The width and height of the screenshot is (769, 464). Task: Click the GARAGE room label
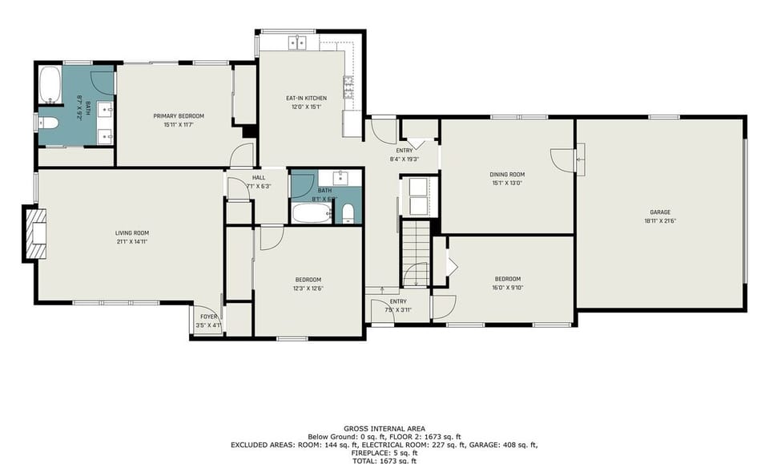[x=660, y=212]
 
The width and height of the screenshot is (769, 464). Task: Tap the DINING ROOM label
[x=507, y=175]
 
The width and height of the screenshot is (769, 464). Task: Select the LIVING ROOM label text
[x=132, y=233]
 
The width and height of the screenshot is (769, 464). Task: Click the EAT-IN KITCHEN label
[x=307, y=99]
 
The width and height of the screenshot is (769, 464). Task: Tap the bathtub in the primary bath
[x=50, y=87]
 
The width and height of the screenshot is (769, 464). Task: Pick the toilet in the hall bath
[x=348, y=212]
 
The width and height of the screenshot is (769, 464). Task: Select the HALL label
[x=258, y=178]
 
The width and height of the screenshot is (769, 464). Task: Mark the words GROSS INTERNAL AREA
[x=384, y=429]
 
